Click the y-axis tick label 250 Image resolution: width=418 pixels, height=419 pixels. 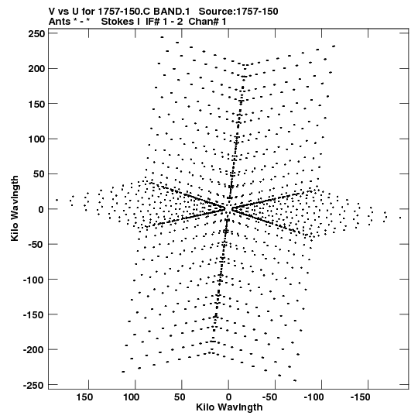pyautogui.click(x=36, y=34)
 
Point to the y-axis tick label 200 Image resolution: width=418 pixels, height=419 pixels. pyautogui.click(x=36, y=69)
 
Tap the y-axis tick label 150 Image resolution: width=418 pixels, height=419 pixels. pyautogui.click(x=36, y=104)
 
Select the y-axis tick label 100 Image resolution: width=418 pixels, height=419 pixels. pyautogui.click(x=36, y=139)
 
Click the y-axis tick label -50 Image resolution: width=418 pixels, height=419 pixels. pyautogui.click(x=35, y=244)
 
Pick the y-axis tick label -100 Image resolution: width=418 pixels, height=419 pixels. pyautogui.click(x=33, y=280)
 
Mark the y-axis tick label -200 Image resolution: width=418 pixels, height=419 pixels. pyautogui.click(x=33, y=349)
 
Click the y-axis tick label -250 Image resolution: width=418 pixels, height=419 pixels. pyautogui.click(x=33, y=385)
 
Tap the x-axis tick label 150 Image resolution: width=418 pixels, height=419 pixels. pyautogui.click(x=84, y=397)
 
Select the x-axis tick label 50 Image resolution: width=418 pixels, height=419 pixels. pyautogui.click(x=180, y=397)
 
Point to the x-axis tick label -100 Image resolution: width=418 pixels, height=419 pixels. pyautogui.click(x=316, y=397)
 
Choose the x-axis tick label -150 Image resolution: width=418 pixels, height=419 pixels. pyautogui.click(x=362, y=397)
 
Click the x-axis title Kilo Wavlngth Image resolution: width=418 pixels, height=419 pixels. pyautogui.click(x=229, y=407)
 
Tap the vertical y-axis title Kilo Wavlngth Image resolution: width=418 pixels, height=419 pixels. pyautogui.click(x=15, y=208)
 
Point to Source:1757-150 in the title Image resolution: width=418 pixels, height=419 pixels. pyautogui.click(x=238, y=12)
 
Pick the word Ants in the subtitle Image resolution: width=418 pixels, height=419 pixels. pyautogui.click(x=60, y=22)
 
